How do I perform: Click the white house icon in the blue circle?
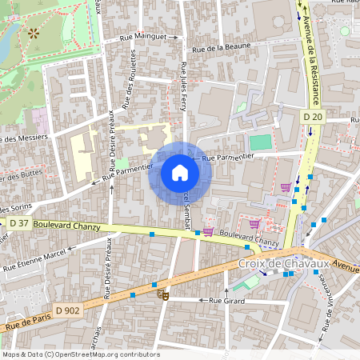click(180, 173)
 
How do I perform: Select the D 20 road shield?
click(312, 118)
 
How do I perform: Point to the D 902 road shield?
click(69, 308)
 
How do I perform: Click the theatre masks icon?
click(164, 294)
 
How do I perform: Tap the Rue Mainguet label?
click(142, 37)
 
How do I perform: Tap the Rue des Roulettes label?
click(126, 84)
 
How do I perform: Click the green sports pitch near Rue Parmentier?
click(260, 142)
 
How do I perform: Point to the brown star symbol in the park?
click(33, 33)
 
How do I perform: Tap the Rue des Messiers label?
click(24, 138)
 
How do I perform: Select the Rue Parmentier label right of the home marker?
click(232, 158)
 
